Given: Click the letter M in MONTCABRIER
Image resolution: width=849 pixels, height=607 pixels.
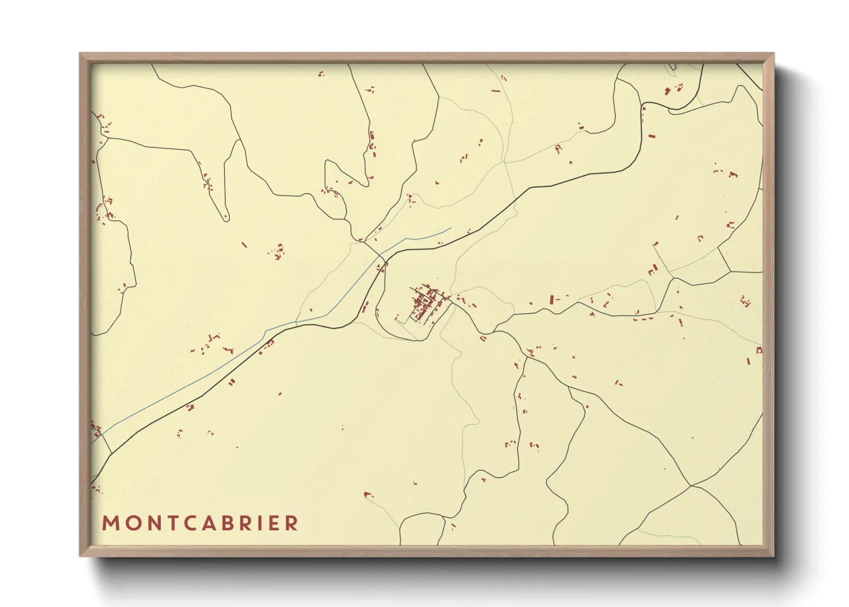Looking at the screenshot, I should [x=110, y=523].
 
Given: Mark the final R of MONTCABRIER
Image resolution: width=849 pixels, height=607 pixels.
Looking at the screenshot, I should [x=292, y=523].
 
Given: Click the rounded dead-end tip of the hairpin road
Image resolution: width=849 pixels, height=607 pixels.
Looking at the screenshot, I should [x=226, y=218].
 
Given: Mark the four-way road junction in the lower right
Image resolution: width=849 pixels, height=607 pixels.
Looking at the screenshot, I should [x=692, y=486].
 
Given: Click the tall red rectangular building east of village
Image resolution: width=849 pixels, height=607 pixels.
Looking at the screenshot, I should [x=551, y=299].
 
